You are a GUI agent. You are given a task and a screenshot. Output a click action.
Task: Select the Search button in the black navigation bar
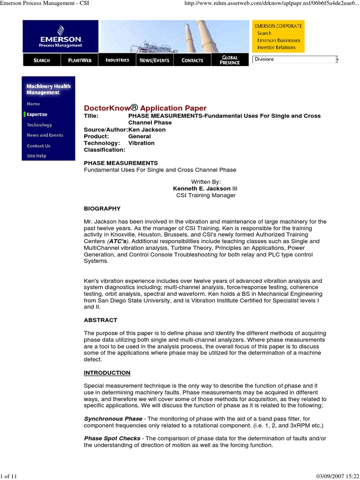(41, 60)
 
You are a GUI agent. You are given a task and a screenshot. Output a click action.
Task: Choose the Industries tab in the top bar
(117, 60)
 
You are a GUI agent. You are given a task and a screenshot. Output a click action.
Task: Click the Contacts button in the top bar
(192, 60)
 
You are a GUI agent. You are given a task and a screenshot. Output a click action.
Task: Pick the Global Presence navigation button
(230, 60)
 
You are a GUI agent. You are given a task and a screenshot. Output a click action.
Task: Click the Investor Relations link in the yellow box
(276, 47)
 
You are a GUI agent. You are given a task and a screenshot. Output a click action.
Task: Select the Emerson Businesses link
(278, 40)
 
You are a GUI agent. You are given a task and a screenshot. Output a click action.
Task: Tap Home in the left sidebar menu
(33, 104)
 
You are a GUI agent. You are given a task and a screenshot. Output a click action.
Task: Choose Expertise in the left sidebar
(37, 114)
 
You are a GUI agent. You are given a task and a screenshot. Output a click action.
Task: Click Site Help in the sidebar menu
(37, 156)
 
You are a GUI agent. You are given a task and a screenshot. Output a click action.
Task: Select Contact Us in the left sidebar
(38, 146)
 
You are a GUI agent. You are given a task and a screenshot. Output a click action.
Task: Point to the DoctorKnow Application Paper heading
(145, 108)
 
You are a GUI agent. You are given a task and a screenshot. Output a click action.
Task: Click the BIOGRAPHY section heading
(102, 209)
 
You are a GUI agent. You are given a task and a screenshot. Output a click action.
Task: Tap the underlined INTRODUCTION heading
(107, 373)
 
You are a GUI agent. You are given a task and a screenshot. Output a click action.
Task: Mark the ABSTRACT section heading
(100, 320)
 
